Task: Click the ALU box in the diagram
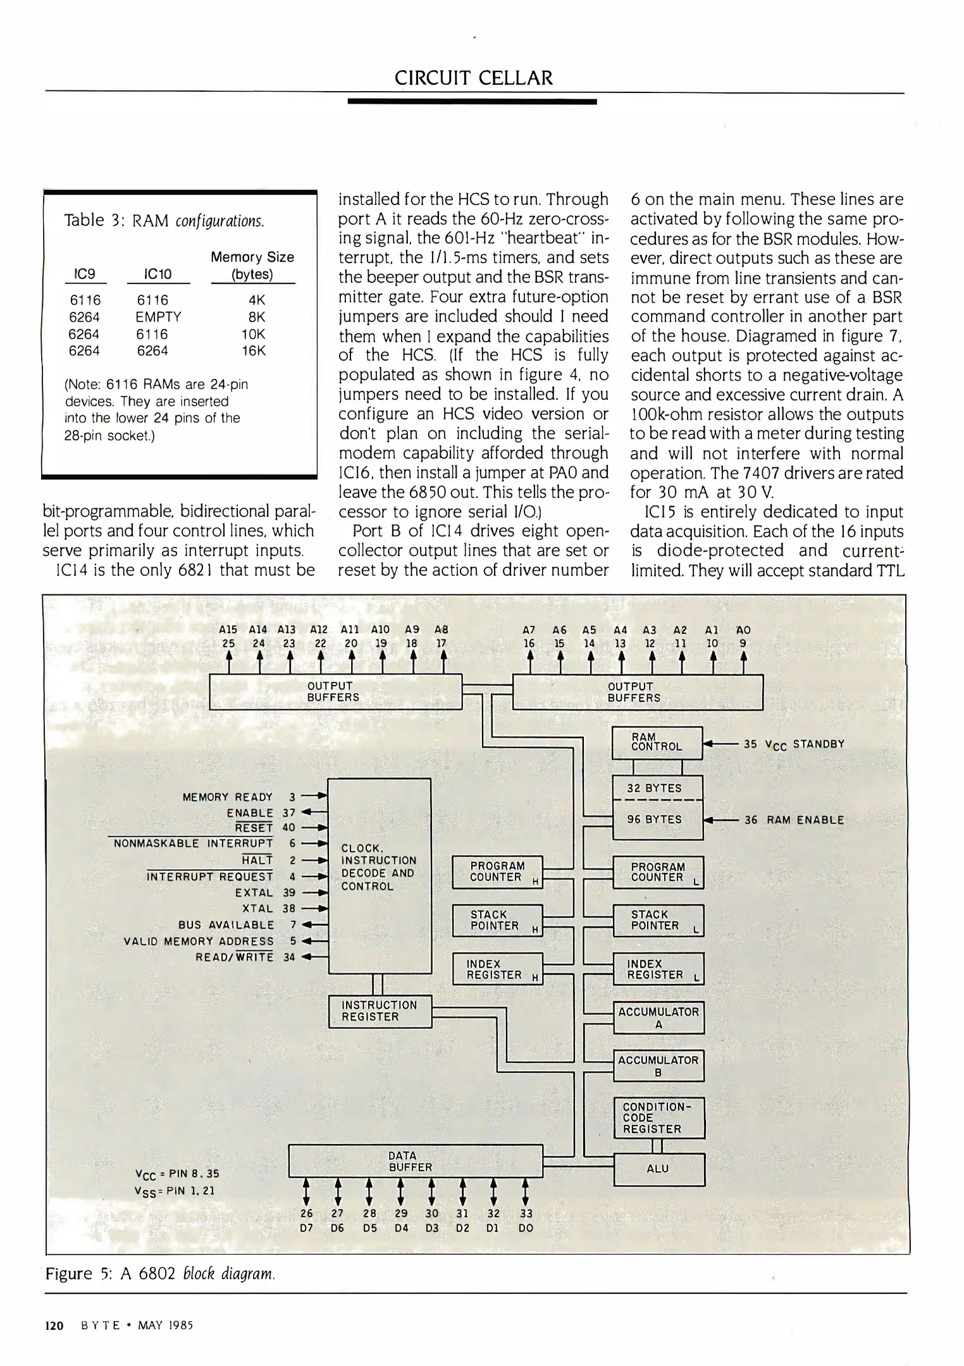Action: [x=658, y=1169]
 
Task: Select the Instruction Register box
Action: [x=380, y=1011]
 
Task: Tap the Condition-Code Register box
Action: [x=658, y=1117]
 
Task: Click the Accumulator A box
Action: [x=658, y=1018]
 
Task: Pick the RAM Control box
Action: [x=657, y=742]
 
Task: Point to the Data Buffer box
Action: [x=415, y=1161]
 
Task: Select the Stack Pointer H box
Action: [x=497, y=920]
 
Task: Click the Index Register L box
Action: [x=658, y=969]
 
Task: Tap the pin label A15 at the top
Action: [x=228, y=630]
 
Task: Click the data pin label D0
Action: [x=526, y=1228]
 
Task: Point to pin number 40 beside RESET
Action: [x=289, y=827]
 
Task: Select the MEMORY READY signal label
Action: [x=228, y=797]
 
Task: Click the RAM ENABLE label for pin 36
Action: [x=805, y=820]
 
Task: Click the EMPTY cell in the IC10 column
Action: [x=158, y=317]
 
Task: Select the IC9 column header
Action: [x=85, y=274]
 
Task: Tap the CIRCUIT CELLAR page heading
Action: [x=473, y=78]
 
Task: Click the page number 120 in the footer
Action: [x=54, y=1326]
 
